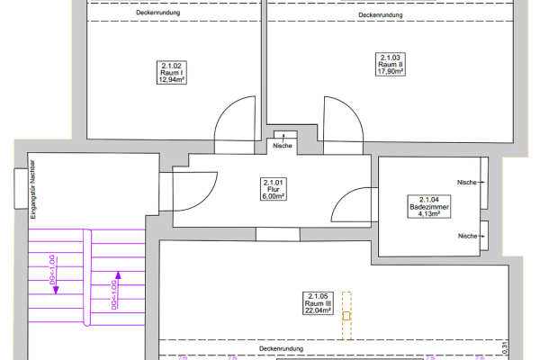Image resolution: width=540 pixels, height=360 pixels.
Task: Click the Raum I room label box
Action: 172,73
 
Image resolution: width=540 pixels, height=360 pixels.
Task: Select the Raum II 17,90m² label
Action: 391,65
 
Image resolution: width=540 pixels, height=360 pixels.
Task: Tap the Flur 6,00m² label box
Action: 273,189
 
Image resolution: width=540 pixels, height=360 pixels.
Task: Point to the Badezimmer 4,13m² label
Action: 429,207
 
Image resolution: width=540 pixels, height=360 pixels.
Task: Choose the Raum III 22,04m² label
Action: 318,303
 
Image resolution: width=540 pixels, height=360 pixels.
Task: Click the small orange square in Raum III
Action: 346,316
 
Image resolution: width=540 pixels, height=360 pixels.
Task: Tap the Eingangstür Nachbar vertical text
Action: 33,190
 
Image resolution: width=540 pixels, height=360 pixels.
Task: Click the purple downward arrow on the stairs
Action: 56,275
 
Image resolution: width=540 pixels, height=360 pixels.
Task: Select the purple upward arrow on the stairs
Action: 118,289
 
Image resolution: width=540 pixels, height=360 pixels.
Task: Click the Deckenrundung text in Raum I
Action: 158,13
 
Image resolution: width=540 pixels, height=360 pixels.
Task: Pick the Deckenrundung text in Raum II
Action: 381,15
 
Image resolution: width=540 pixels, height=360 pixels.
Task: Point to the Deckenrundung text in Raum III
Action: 282,348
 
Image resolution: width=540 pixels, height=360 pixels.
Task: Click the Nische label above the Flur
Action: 283,146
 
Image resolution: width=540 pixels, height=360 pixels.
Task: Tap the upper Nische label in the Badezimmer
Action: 467,182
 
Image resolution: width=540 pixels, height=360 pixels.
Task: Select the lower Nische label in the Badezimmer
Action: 468,236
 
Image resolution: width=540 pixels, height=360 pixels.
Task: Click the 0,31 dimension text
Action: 505,347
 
